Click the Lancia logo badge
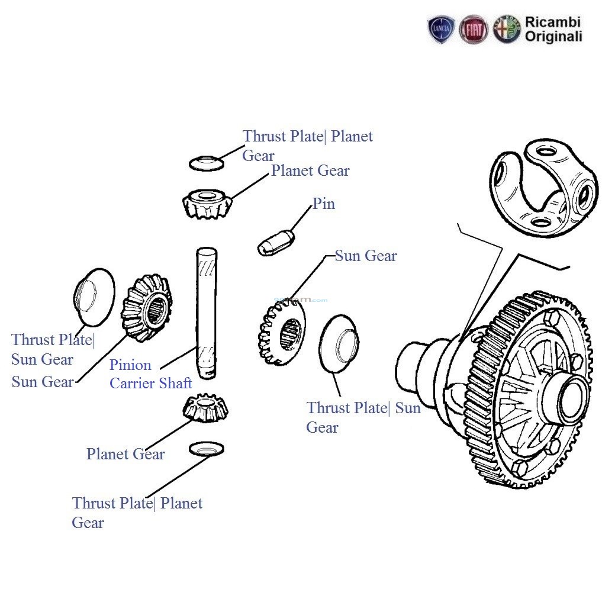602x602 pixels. [x=441, y=30]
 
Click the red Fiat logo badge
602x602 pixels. [x=474, y=30]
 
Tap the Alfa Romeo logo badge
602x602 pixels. [x=507, y=30]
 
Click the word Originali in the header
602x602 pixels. [x=553, y=37]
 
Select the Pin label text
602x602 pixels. [x=324, y=204]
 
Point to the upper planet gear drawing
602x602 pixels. [x=206, y=204]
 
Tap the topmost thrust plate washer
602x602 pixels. [x=207, y=163]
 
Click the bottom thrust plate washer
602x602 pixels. [x=206, y=449]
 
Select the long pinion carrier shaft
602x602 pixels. [x=207, y=314]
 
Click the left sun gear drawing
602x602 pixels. [x=147, y=308]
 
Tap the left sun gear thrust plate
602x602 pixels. [x=94, y=296]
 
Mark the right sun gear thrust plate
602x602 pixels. [x=337, y=343]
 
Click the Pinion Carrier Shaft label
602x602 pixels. [x=150, y=374]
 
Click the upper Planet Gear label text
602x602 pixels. [x=310, y=171]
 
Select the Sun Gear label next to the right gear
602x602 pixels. [x=365, y=256]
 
